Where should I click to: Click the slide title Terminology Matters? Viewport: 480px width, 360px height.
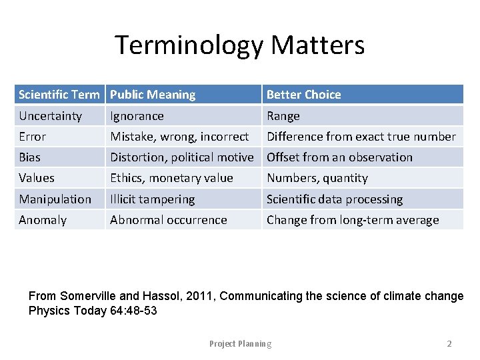coord(240,45)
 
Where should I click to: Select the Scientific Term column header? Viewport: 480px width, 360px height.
coord(59,95)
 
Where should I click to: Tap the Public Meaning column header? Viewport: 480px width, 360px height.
coord(153,95)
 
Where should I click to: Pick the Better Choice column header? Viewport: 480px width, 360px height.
coord(304,95)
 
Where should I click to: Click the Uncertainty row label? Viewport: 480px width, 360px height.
coord(51,116)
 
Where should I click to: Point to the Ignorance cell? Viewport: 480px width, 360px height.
coord(137,116)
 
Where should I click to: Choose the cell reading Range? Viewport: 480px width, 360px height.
coord(283,116)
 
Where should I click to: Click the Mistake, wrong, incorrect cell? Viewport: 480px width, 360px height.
coord(179,137)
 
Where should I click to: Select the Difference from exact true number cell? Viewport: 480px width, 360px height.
coord(361,137)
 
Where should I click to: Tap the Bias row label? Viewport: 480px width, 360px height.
coord(30,157)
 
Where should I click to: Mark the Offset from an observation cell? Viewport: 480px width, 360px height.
coord(339,157)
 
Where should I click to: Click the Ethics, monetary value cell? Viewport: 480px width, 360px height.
coord(171,178)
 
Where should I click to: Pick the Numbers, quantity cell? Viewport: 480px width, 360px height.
coord(317,178)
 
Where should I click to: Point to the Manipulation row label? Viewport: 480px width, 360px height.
coord(55,199)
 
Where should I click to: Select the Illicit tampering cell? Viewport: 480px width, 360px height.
coord(153,199)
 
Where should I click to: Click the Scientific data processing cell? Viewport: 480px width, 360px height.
coord(335,199)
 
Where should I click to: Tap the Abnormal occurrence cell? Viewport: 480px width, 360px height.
coord(169,220)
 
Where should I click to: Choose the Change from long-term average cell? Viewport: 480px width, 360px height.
coord(353,220)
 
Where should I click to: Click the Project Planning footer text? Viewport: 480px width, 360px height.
coord(240,344)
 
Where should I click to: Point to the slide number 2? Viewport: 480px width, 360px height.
coord(449,344)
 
